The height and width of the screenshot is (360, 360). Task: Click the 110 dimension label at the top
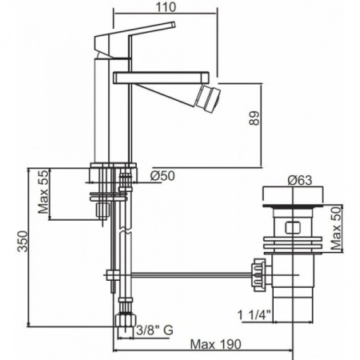(x=166, y=7)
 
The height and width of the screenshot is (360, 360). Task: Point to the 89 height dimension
(x=254, y=118)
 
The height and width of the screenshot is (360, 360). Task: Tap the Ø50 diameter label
(x=162, y=176)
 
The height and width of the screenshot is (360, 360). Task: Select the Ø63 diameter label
(x=300, y=181)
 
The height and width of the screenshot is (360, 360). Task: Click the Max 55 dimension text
(x=43, y=191)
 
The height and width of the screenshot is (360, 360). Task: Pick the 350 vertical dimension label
(x=22, y=241)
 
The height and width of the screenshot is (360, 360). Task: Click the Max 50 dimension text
(x=336, y=228)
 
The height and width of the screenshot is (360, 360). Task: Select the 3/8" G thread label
(x=154, y=330)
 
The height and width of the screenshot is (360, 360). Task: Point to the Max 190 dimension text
(x=215, y=344)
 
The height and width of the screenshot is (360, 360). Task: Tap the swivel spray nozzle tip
(x=208, y=98)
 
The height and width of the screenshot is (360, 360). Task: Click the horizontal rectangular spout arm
(x=161, y=78)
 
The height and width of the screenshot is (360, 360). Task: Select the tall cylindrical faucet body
(x=102, y=110)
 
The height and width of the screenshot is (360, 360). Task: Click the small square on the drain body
(x=293, y=227)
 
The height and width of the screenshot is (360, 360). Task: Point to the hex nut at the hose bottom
(x=126, y=320)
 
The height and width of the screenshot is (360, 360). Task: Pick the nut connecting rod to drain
(x=259, y=274)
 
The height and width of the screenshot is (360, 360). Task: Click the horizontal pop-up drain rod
(x=191, y=275)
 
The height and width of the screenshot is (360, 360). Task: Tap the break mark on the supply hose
(x=125, y=230)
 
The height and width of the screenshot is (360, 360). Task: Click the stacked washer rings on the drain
(x=293, y=245)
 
